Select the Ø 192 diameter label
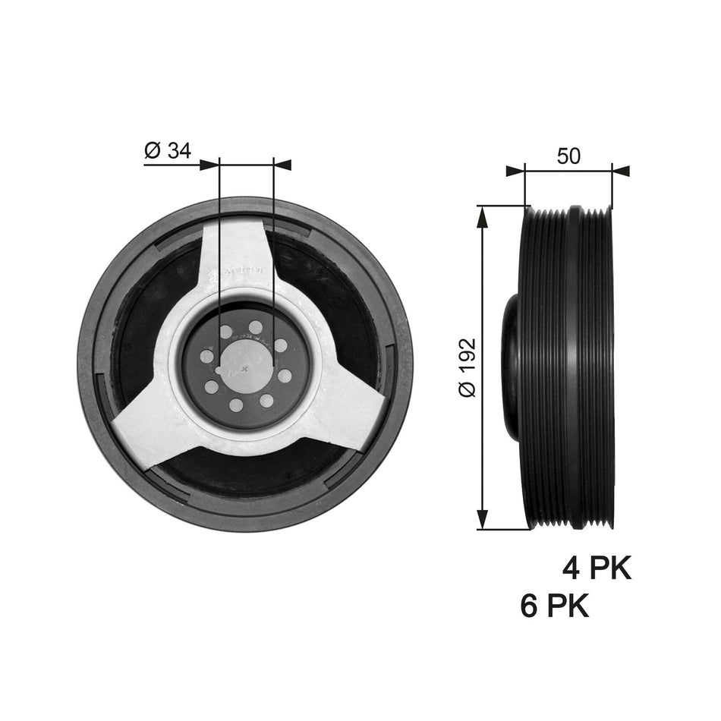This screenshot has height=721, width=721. click(x=467, y=367)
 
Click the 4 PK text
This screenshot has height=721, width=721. click(x=597, y=568)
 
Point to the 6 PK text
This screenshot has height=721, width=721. click(x=555, y=606)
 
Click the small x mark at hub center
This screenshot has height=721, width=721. click(x=244, y=368)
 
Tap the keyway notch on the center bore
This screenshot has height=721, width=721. click(x=220, y=370)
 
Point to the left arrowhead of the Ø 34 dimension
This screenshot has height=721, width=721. click(x=209, y=164)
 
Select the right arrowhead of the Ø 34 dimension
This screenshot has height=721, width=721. click(x=282, y=164)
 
